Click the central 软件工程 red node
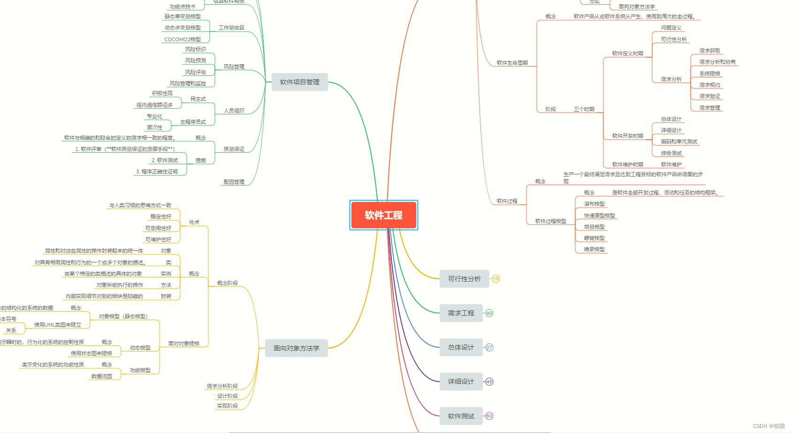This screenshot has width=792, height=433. click(x=383, y=215)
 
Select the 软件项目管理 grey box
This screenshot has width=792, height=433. click(x=299, y=82)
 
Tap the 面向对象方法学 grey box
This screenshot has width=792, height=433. click(x=296, y=348)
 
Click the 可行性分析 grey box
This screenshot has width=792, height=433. click(x=464, y=279)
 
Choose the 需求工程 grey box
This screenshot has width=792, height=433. click(x=461, y=313)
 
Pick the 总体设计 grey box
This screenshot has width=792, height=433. click(x=461, y=347)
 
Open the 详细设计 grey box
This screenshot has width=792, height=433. click(x=461, y=381)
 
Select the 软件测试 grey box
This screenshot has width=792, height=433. click(x=461, y=416)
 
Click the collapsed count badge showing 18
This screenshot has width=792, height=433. click(x=496, y=279)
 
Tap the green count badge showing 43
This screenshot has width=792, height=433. click(x=489, y=313)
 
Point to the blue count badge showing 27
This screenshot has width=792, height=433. click(x=489, y=348)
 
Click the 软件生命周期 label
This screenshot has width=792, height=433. click(x=512, y=63)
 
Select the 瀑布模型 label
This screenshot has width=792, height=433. click(x=594, y=204)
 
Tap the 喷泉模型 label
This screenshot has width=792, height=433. click(x=594, y=249)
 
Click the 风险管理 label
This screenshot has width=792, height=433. click(x=234, y=67)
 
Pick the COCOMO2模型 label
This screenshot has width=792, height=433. click(x=183, y=39)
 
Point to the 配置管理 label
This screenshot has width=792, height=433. click(x=234, y=182)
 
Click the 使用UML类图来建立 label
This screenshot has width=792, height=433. click(x=57, y=325)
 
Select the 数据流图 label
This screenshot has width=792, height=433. click(x=101, y=376)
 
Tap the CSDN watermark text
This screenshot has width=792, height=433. click(x=769, y=426)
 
